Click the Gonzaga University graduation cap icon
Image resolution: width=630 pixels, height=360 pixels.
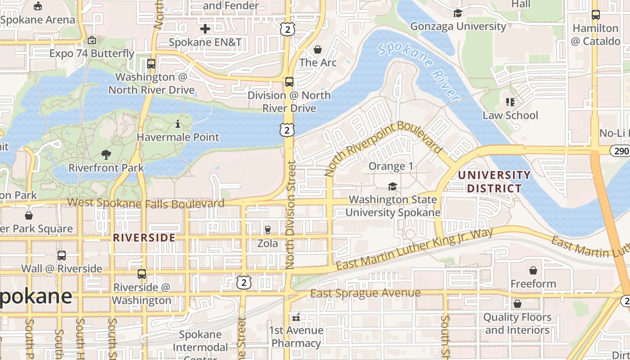coord(458,13)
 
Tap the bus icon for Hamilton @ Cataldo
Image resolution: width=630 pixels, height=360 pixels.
coord(596,15)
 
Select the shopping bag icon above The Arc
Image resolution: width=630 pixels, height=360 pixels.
coord(318,49)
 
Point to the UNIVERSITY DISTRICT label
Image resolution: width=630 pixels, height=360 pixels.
coord(494,181)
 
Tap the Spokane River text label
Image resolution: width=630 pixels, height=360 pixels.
coord(418,71)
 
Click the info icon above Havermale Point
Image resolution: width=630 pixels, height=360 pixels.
coord(178,124)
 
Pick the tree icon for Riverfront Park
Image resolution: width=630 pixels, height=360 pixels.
coord(106,155)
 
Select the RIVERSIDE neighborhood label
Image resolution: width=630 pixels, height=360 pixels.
coord(144,238)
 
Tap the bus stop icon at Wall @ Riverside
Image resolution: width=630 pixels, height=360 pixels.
coord(62,256)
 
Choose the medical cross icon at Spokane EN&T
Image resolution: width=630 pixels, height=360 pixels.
coord(205,29)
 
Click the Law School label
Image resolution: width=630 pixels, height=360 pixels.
coord(510,115)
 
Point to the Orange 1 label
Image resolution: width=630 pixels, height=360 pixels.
coord(391,166)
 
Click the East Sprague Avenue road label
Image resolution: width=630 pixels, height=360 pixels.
coord(365,293)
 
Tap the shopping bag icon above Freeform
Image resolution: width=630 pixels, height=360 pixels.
coord(533,270)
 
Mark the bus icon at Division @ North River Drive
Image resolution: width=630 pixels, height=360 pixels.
coord(289,82)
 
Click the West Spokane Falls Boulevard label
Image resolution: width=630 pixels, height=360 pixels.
coord(146,203)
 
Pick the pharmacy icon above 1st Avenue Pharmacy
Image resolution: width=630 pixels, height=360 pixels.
coord(296,317)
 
